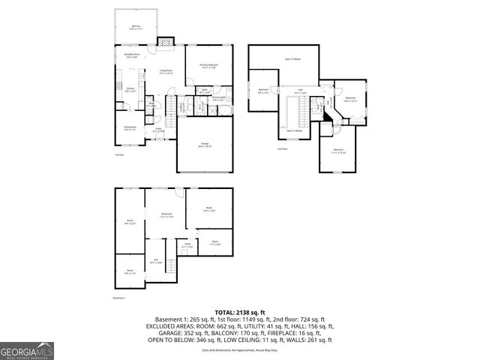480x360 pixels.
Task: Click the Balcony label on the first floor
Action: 136,28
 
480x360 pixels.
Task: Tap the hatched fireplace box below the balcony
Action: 162,42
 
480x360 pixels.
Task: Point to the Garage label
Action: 205,145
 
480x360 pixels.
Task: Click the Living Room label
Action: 166,72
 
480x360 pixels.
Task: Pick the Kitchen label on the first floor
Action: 129,89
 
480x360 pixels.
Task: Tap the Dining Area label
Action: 129,127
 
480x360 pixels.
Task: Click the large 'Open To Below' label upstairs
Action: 292,58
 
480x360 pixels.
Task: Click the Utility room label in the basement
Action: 187,245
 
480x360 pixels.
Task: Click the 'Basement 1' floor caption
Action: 119,298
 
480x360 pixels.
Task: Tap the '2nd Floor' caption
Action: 282,149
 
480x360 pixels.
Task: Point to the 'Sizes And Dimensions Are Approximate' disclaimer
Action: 239,349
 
